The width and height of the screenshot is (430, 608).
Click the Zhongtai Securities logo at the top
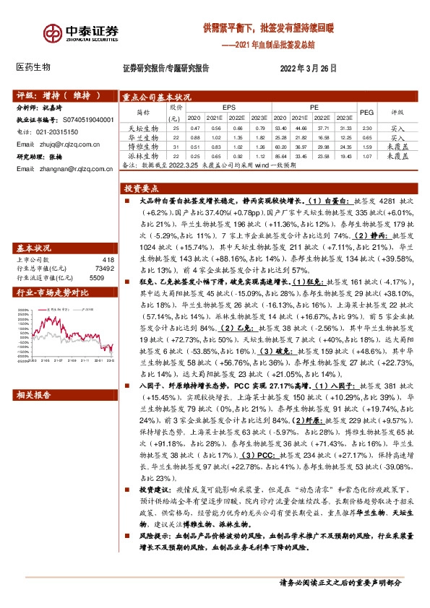tap(79, 34)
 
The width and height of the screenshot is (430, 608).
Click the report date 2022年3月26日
tap(308, 68)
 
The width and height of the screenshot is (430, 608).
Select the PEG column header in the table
tap(366, 112)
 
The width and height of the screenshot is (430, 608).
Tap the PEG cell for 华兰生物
tap(366, 137)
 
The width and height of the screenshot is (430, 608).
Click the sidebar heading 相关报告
tap(34, 394)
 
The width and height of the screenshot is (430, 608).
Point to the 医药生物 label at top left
tap(33, 67)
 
